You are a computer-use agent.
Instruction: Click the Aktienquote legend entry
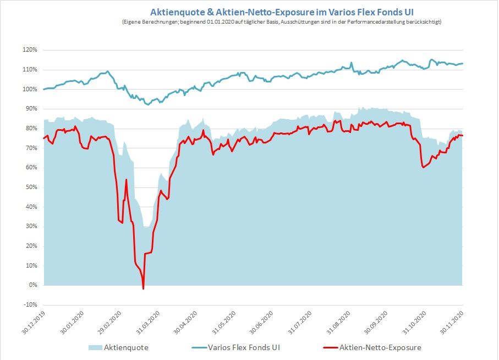[x=126, y=347]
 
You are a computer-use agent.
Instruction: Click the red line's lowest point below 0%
[x=143, y=289]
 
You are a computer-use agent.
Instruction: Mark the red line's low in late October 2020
[x=423, y=167]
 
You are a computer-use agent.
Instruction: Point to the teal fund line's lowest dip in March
[x=147, y=104]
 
